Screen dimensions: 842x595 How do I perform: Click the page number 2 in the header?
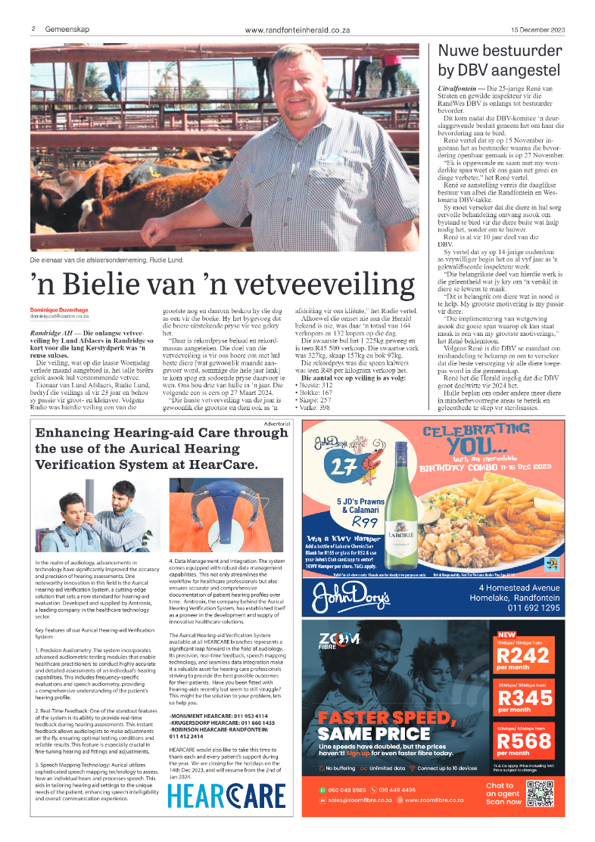tap(34, 29)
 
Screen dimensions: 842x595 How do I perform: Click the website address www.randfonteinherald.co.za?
tap(297, 30)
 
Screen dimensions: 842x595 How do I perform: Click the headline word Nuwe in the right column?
tap(462, 51)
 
